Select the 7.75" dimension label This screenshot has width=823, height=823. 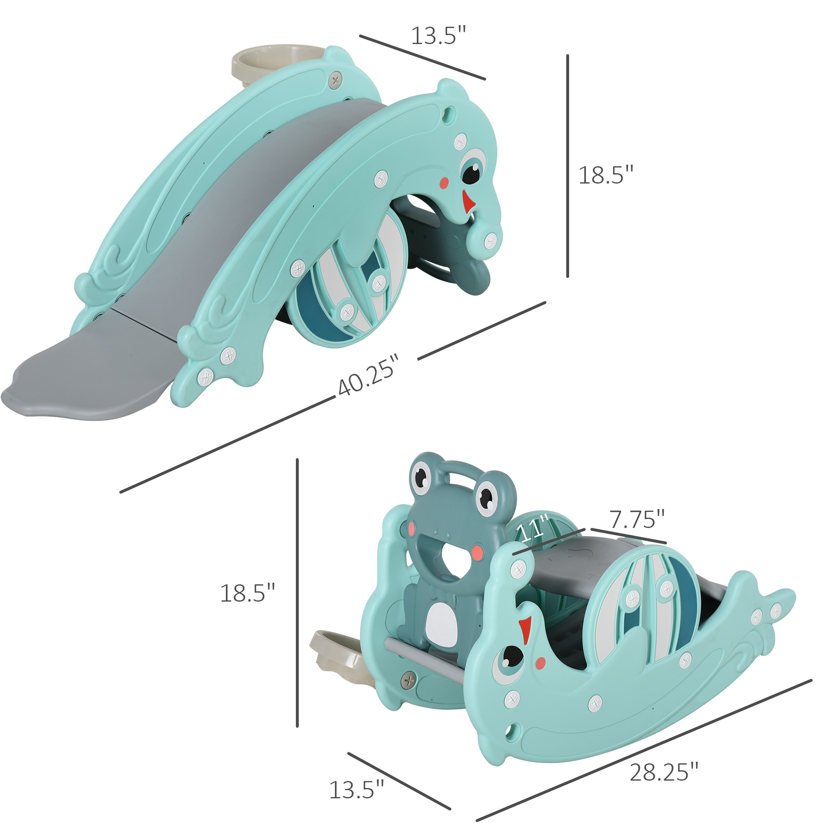click(x=637, y=519)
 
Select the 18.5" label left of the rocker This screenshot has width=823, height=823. click(x=247, y=593)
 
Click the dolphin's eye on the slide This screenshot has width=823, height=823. click(x=472, y=169)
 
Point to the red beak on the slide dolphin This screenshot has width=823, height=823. click(x=469, y=202)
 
